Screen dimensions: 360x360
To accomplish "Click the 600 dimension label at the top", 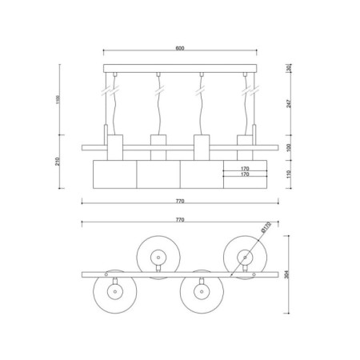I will (x=179, y=48).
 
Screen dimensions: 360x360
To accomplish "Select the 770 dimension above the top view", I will (x=179, y=218).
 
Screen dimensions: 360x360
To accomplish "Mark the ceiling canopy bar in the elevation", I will (x=179, y=69).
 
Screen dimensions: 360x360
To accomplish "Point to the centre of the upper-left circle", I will (x=156, y=255).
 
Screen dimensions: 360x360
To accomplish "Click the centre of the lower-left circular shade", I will (x=114, y=293).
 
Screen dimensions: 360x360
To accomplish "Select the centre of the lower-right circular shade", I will (x=200, y=293).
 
